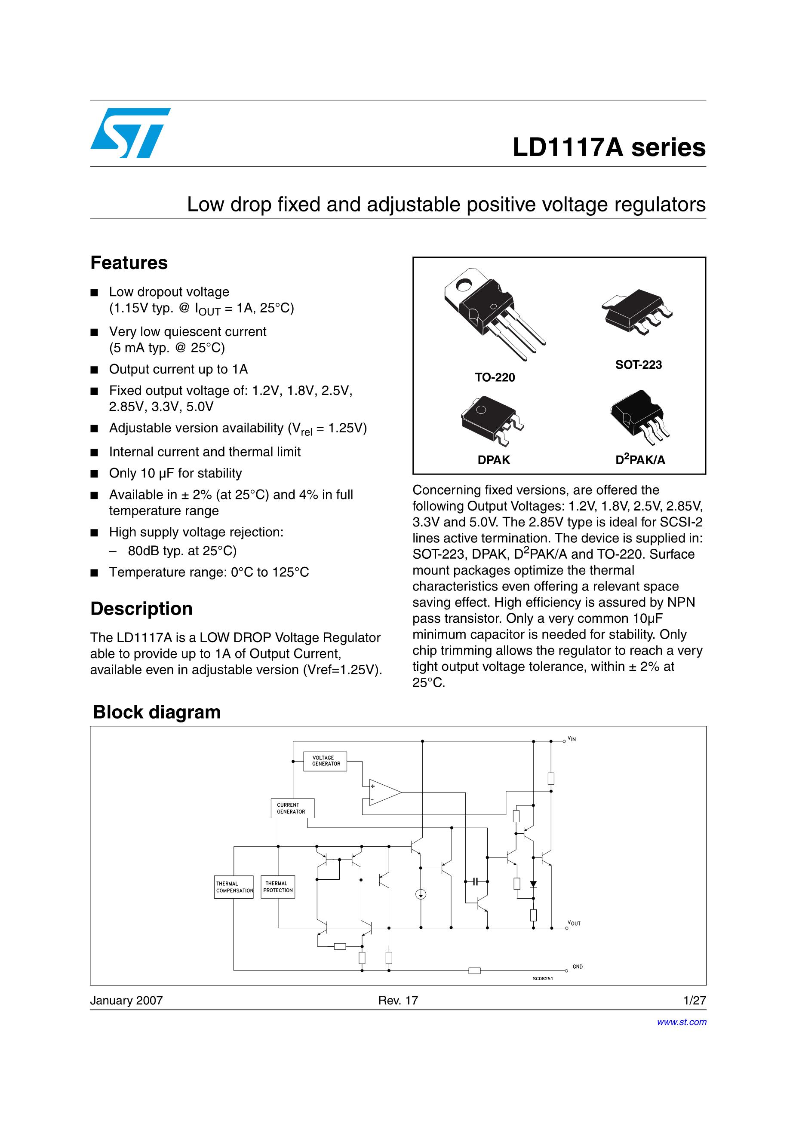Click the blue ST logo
[x=130, y=133]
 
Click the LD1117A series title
[x=609, y=147]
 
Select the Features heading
[x=129, y=263]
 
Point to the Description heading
[x=141, y=609]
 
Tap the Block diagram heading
[x=157, y=712]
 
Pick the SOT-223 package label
[x=639, y=365]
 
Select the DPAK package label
[x=494, y=460]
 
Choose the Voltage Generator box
[x=325, y=761]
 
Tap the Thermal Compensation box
[x=234, y=887]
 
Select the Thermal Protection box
[x=278, y=887]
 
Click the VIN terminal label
[x=572, y=739]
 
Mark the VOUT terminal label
[x=574, y=924]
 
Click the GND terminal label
[x=578, y=967]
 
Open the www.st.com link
[x=682, y=1022]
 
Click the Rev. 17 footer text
[x=397, y=1001]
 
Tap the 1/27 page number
[x=695, y=1001]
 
